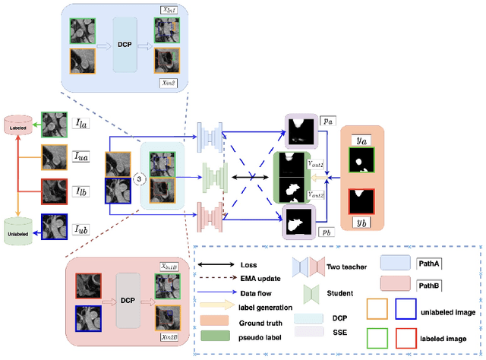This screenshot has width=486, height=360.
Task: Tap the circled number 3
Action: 138,178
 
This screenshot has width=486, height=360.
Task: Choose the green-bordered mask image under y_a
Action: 360,161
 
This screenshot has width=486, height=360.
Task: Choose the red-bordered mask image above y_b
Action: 360,201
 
